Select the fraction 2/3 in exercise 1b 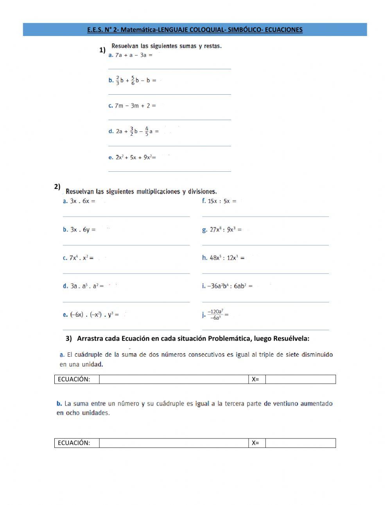tap(118, 80)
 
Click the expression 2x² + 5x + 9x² tap(133, 157)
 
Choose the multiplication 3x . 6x tap(80, 201)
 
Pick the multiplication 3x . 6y tap(80, 230)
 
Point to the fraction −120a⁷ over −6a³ tap(215, 315)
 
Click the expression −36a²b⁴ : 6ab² tap(227, 286)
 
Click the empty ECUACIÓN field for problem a tap(174, 379)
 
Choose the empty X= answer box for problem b tap(300, 443)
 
